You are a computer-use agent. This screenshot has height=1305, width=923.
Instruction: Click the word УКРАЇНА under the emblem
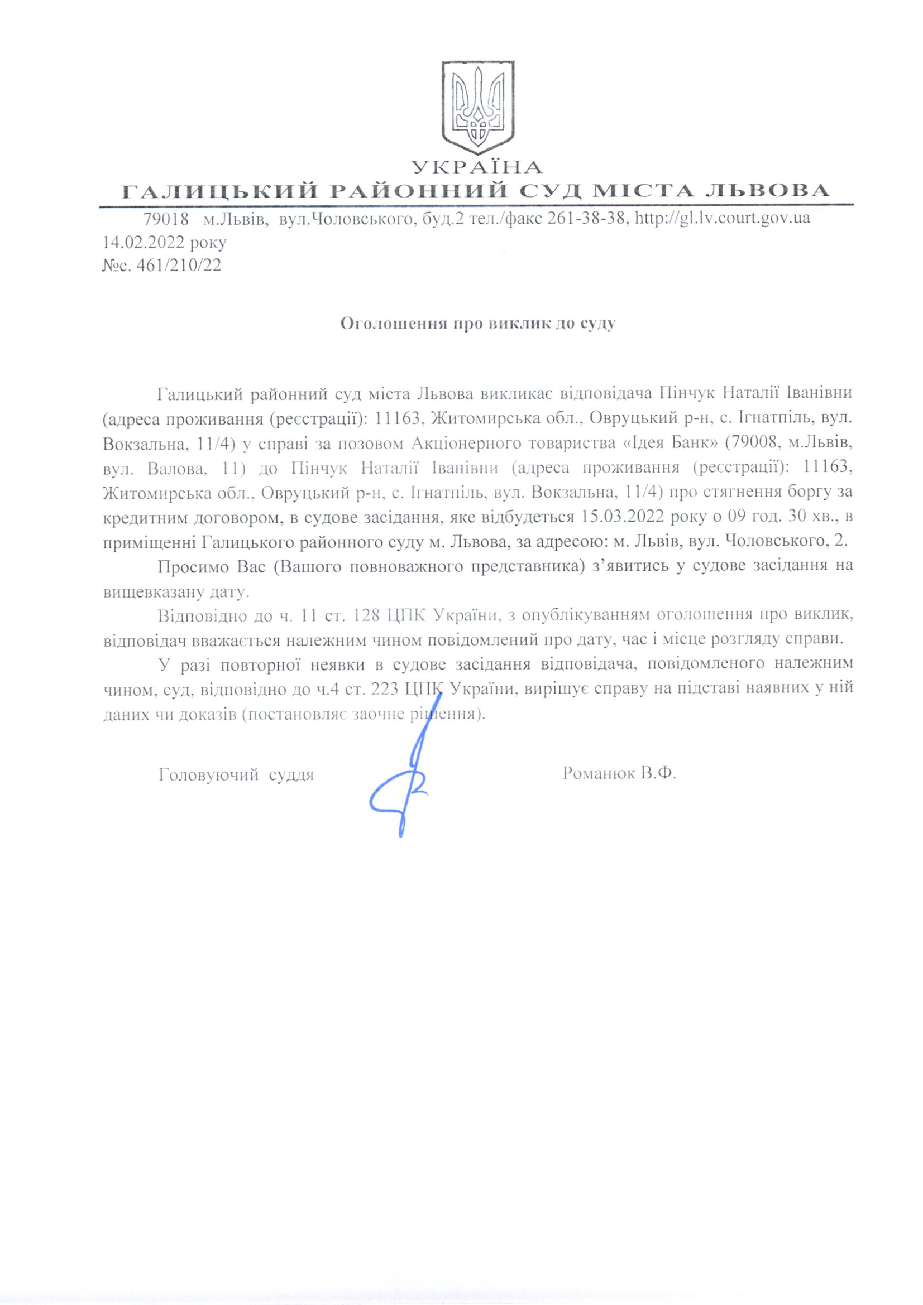(477, 167)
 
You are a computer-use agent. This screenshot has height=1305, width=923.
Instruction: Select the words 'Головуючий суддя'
(237, 774)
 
